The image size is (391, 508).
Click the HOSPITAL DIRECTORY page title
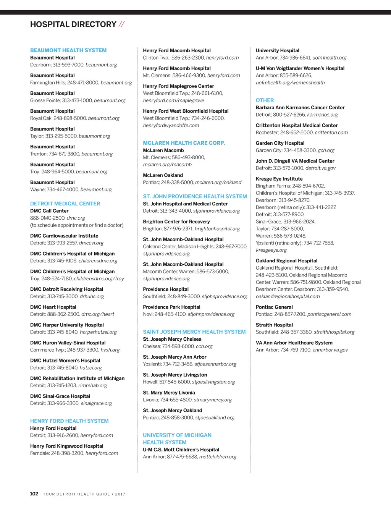click(73, 24)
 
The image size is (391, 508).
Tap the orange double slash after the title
click(121, 24)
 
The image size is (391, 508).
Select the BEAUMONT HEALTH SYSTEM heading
click(68, 50)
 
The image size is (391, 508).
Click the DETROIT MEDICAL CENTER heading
click(65, 204)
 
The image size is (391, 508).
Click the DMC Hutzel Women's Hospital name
click(65, 361)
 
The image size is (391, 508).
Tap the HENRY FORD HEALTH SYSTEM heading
click(69, 421)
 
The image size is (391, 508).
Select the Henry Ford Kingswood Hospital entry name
click(67, 446)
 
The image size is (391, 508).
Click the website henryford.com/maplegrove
click(173, 100)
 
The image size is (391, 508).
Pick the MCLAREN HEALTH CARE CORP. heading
click(184, 143)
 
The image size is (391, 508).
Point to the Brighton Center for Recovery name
click(176, 222)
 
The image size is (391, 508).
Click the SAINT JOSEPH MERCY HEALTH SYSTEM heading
click(194, 332)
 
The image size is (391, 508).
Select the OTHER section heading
click(265, 100)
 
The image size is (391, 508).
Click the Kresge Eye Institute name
click(279, 179)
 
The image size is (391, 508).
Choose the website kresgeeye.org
click(271, 250)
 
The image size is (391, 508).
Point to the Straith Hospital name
click(274, 325)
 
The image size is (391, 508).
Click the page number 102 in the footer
click(34, 494)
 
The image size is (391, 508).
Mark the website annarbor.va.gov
click(330, 350)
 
